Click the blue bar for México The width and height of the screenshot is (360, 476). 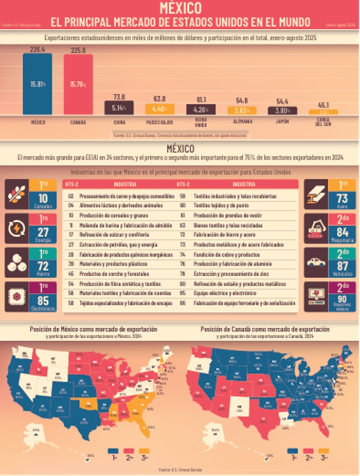coord(37,83)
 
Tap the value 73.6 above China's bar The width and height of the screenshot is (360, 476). coord(119,97)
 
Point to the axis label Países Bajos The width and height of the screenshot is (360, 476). coord(159,122)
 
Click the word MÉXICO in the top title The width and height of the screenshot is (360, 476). coord(180,8)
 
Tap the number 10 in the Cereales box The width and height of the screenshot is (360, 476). coord(43,199)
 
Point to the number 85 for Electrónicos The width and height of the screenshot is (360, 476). coord(43,298)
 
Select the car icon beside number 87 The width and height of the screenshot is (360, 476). coord(316,261)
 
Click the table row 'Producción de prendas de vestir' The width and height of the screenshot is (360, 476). coord(228,215)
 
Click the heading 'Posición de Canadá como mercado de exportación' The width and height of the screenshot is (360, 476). coord(265,328)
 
